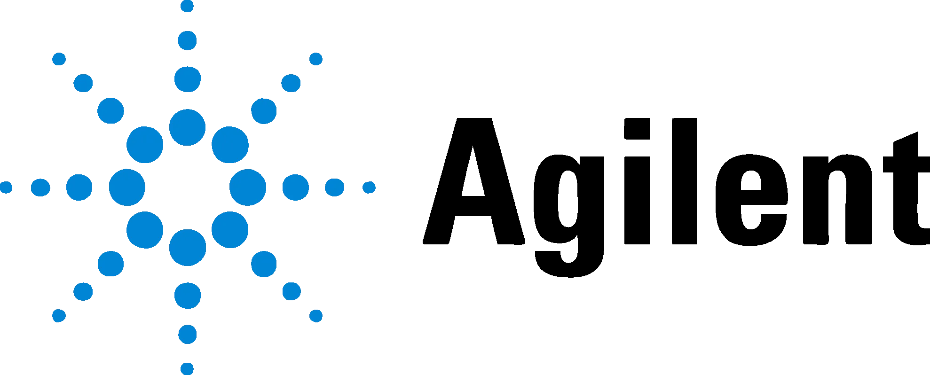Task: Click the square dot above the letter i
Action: [x=637, y=128]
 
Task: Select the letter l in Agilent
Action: [x=685, y=181]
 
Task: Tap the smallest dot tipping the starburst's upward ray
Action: [x=187, y=6]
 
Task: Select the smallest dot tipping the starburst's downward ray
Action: [x=187, y=369]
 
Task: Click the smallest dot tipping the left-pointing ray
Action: [x=6, y=187]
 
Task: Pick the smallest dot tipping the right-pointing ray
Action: [x=369, y=187]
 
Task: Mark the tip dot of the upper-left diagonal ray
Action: [x=59, y=59]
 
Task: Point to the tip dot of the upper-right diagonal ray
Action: [x=316, y=59]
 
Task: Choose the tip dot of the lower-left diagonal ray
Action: [x=59, y=316]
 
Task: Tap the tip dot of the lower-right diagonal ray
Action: [x=316, y=316]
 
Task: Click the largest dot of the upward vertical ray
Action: [x=188, y=127]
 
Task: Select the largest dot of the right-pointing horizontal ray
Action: [x=248, y=187]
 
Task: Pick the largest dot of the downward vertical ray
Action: [x=188, y=248]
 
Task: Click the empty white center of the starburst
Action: [x=188, y=187]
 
